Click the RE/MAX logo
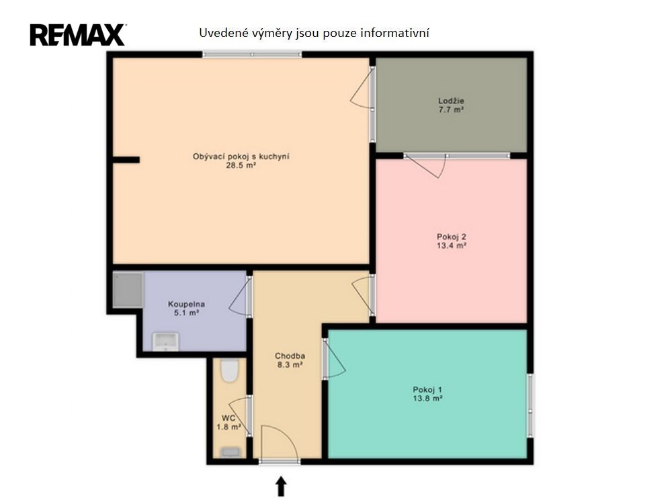tap(77, 35)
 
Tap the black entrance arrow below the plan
tap(281, 486)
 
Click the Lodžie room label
tap(451, 101)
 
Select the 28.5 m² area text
tap(241, 165)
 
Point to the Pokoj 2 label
tap(452, 237)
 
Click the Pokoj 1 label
tap(427, 390)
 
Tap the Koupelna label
tap(186, 304)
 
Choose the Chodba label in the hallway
tap(290, 355)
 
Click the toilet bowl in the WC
tap(230, 370)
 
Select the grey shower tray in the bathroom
tap(128, 290)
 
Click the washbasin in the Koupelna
tap(165, 341)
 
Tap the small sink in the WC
tap(230, 452)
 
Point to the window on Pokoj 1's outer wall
tap(530, 405)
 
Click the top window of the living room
tap(252, 54)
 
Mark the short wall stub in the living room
tap(126, 160)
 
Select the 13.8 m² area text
tap(427, 398)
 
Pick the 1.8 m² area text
tap(228, 427)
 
